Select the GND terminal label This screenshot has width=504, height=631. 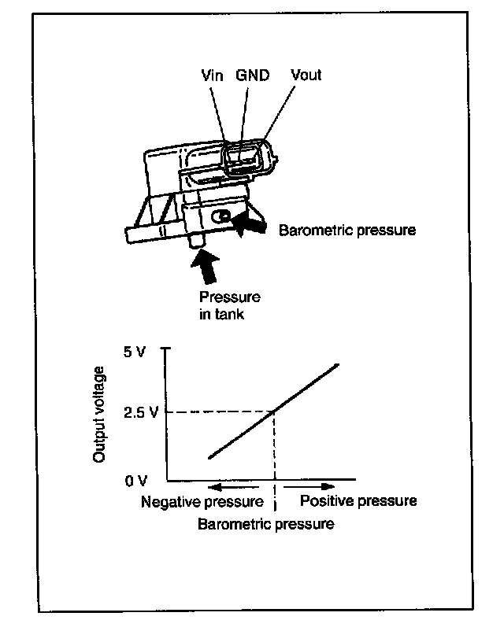253,76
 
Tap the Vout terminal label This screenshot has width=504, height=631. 306,76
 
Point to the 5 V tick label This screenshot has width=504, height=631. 135,352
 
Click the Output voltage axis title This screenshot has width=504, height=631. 100,413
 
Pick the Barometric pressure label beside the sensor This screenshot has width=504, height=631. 347,231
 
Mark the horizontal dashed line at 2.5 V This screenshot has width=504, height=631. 220,413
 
